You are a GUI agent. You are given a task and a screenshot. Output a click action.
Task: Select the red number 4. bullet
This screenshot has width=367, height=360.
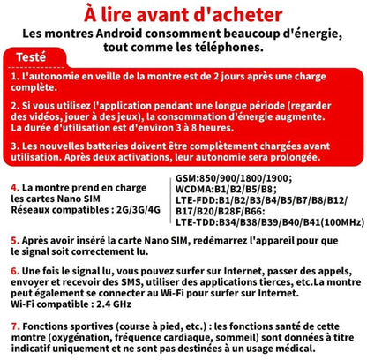coord(14,188)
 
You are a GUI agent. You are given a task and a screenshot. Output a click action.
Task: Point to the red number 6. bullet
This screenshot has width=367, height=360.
coord(14,268)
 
